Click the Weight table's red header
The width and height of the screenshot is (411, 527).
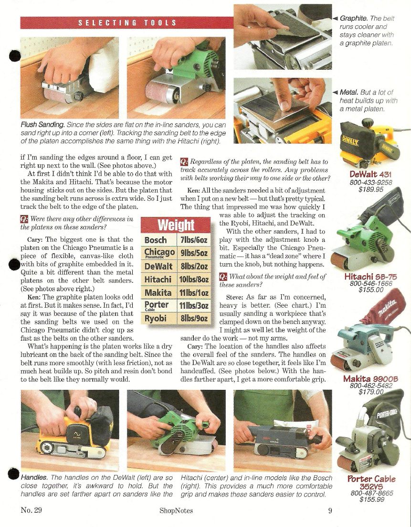click(x=176, y=225)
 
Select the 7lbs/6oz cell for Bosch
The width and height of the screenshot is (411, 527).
click(x=194, y=240)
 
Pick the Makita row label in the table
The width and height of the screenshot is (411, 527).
click(x=158, y=293)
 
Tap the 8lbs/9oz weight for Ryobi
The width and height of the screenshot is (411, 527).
click(x=194, y=318)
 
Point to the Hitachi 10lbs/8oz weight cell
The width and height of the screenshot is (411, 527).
click(x=194, y=280)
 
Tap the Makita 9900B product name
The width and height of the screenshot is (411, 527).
click(x=370, y=379)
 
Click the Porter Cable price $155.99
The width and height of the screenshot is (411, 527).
click(x=372, y=499)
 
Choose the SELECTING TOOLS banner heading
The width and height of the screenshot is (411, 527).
click(x=127, y=23)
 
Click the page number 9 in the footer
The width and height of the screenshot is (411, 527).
click(x=330, y=511)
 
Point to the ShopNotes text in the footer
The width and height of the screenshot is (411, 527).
click(x=176, y=511)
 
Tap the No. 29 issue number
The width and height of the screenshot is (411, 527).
click(x=31, y=510)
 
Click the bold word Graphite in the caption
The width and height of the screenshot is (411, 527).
click(x=354, y=19)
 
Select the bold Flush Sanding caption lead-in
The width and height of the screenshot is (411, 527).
click(x=42, y=125)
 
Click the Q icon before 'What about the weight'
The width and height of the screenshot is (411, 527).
click(x=223, y=277)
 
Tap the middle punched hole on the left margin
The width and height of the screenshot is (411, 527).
click(x=14, y=265)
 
